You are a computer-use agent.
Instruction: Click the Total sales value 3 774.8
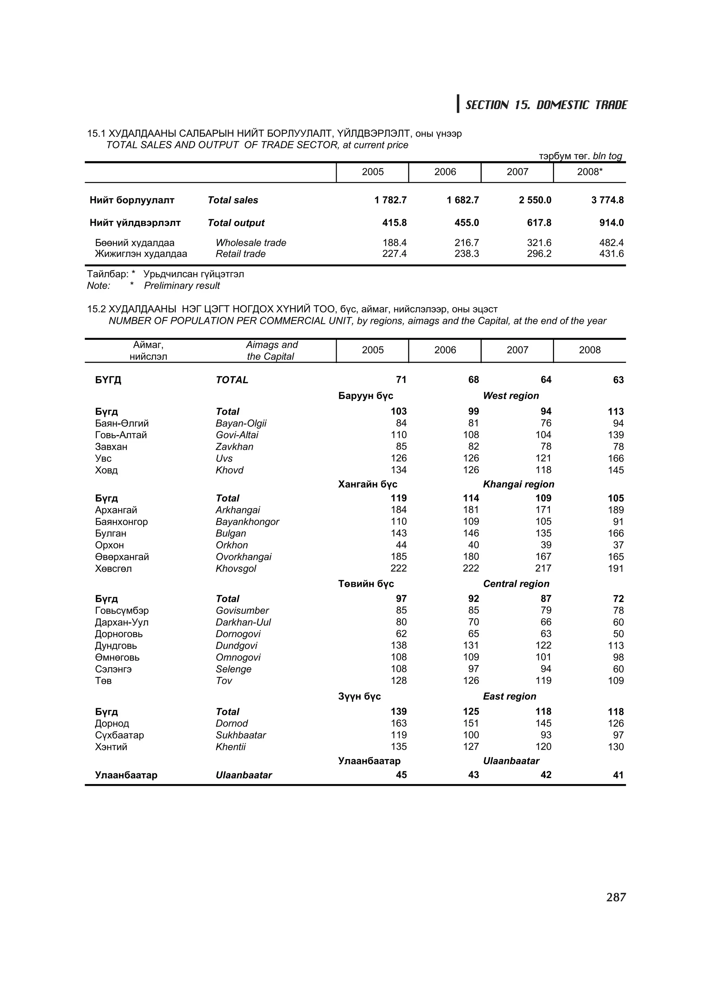[x=607, y=200]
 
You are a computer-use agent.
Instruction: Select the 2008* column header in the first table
[x=589, y=172]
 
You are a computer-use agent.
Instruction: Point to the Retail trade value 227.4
[x=394, y=254]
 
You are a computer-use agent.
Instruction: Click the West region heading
[x=511, y=396]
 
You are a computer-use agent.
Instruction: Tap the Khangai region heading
[x=518, y=484]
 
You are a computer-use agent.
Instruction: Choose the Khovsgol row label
[x=236, y=569]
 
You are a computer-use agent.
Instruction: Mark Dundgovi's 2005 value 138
[x=399, y=646]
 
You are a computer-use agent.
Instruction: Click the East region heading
[x=510, y=696]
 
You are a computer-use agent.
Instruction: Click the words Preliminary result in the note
[x=182, y=286]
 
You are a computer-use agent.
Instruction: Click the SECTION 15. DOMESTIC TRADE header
[x=546, y=105]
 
